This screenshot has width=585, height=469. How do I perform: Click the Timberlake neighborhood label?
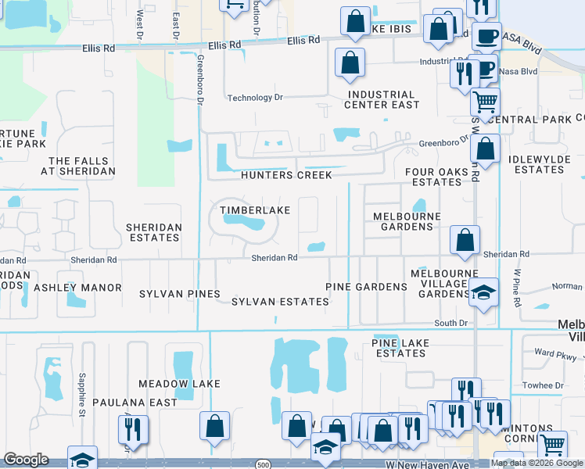[x=255, y=210]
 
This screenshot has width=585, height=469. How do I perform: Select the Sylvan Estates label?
[x=280, y=301]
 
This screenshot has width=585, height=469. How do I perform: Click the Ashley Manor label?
[x=77, y=288]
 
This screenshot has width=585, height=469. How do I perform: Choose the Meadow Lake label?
[x=179, y=384]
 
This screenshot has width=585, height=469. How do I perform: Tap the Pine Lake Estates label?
[x=399, y=348]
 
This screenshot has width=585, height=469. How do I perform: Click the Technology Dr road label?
[x=254, y=98]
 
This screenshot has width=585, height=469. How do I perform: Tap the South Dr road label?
[x=450, y=322]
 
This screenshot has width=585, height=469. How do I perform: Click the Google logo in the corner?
[x=26, y=460]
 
